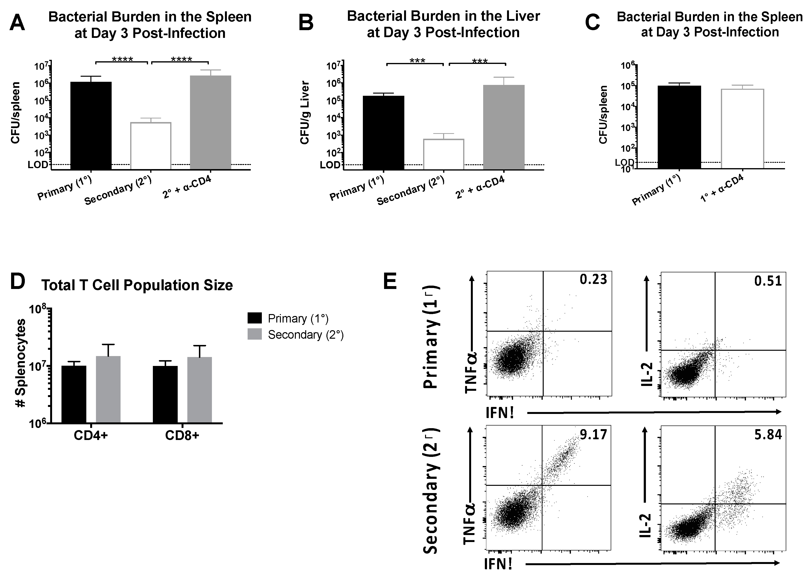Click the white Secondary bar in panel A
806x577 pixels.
pyautogui.click(x=151, y=146)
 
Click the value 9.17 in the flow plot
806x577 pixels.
pyautogui.click(x=593, y=434)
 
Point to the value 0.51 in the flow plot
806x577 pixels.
pyautogui.click(x=768, y=281)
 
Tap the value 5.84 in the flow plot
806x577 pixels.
pyautogui.click(x=768, y=434)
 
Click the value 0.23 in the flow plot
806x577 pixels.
pyautogui.click(x=593, y=280)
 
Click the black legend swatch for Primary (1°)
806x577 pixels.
pyautogui.click(x=255, y=318)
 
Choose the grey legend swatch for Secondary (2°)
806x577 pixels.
pyautogui.click(x=255, y=334)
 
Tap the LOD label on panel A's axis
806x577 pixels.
pyautogui.click(x=38, y=165)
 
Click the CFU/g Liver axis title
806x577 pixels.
pyautogui.click(x=305, y=113)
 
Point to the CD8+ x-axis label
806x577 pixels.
pyautogui.click(x=182, y=436)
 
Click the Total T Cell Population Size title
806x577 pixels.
pyautogui.click(x=137, y=285)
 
